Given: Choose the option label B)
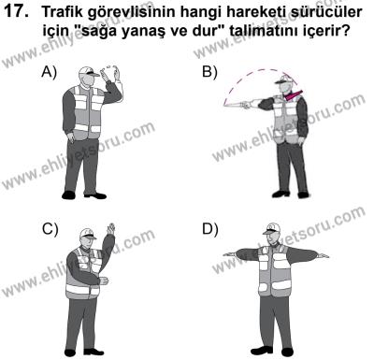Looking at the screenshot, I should tap(210, 72).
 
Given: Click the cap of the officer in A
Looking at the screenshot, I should tap(88, 74).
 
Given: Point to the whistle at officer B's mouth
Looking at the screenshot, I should tap(293, 94).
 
